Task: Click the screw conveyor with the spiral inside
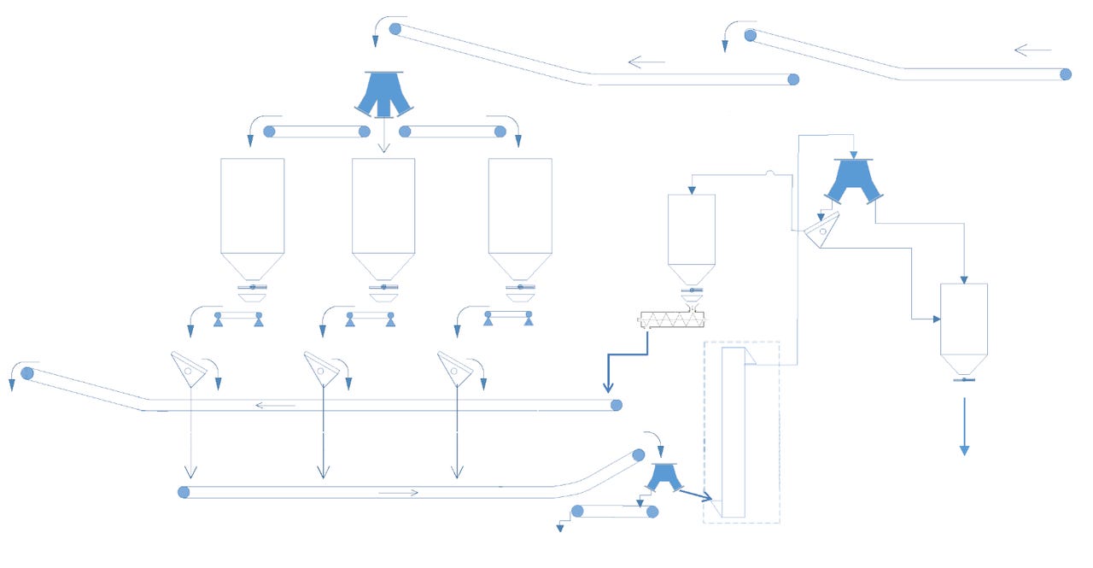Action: tap(673, 320)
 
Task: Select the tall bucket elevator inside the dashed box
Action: tap(734, 431)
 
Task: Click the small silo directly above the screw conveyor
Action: tap(691, 235)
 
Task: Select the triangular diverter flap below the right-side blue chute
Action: tap(821, 230)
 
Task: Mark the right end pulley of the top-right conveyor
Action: tap(1066, 74)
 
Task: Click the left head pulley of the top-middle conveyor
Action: tap(395, 29)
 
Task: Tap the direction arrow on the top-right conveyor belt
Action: tap(1032, 50)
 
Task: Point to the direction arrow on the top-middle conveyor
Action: tap(646, 61)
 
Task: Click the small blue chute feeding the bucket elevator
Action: tap(663, 477)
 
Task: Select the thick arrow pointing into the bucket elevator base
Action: tap(696, 494)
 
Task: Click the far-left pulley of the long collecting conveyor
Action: tap(27, 373)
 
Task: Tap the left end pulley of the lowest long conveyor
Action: tap(184, 492)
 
